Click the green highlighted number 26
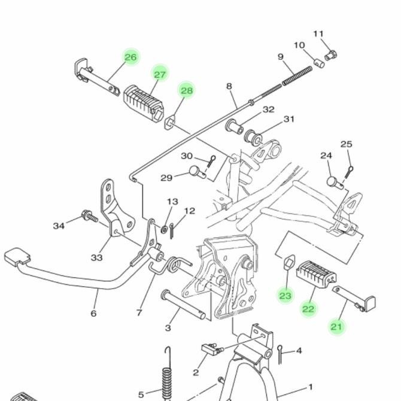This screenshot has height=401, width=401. (130, 57)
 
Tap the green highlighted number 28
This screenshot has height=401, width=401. (187, 90)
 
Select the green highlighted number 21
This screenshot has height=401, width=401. (336, 327)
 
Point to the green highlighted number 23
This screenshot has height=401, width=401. (285, 296)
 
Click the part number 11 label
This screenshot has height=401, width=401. (318, 34)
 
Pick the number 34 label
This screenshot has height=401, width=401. (59, 226)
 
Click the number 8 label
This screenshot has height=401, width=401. (229, 86)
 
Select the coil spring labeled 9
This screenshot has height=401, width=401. (297, 76)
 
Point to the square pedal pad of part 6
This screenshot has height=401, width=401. (17, 257)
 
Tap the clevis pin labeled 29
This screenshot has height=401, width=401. (198, 172)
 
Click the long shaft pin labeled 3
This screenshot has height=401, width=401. (183, 304)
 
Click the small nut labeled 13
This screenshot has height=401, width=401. (163, 229)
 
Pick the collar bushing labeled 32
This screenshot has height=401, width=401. (234, 126)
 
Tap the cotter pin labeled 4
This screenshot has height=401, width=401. (280, 354)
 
